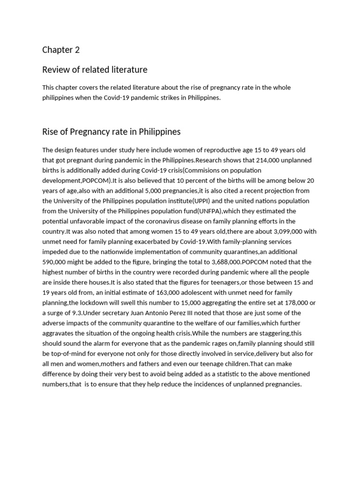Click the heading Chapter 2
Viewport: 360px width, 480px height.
tap(58, 50)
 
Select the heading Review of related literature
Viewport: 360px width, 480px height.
tap(95, 70)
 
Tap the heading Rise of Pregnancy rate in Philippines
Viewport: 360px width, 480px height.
tap(111, 132)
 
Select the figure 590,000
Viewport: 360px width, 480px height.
tap(56, 262)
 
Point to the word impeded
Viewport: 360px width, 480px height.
tap(56, 252)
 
